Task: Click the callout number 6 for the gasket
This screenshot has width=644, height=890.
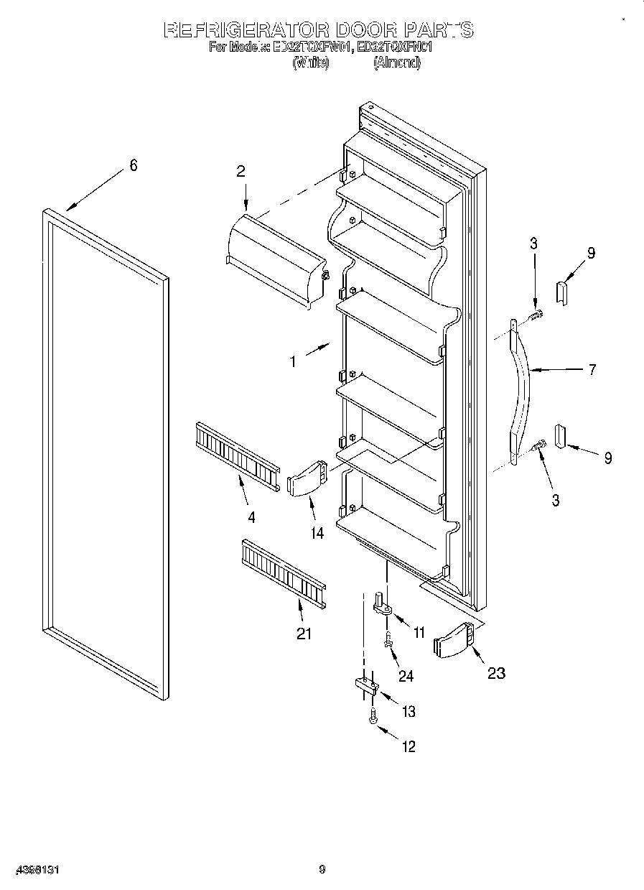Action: coord(133,165)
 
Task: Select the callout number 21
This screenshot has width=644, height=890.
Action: coord(304,634)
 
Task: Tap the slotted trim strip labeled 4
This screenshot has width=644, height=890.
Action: coord(236,457)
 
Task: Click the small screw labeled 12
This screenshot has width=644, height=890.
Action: coord(373,716)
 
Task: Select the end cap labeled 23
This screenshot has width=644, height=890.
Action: coord(454,639)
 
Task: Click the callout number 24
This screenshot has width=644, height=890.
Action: coord(406,675)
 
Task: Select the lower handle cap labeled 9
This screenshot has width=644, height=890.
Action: coord(559,437)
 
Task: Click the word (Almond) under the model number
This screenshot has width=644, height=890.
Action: coord(396,62)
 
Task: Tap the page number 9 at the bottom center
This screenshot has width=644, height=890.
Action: coord(322,870)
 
